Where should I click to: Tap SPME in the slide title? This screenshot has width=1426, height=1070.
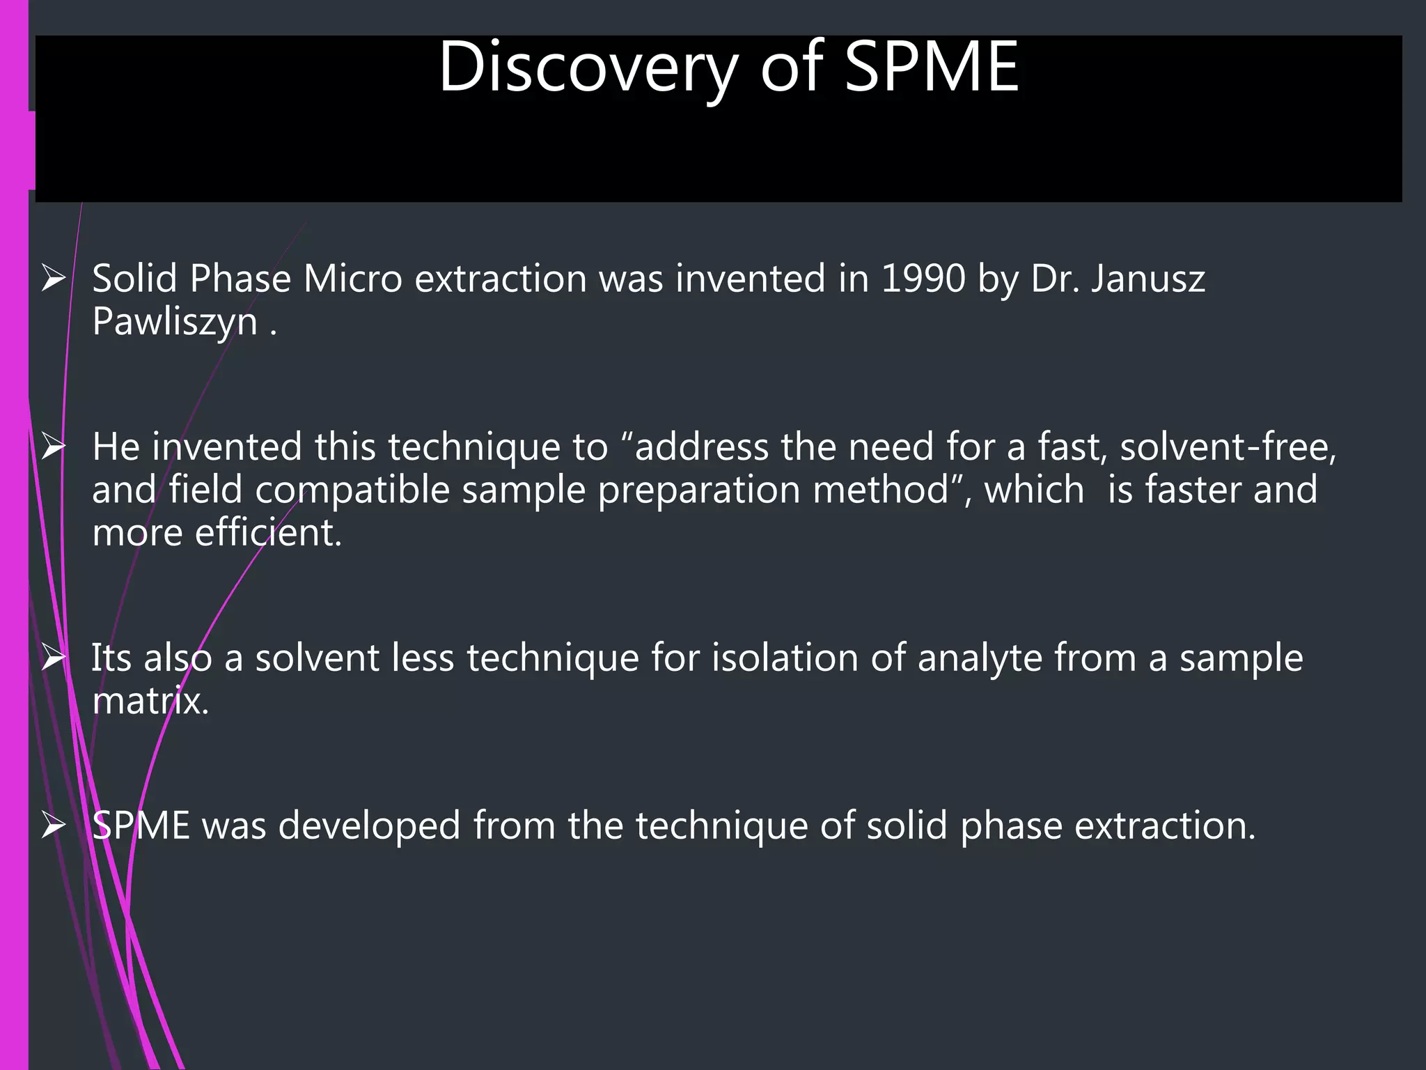pyautogui.click(x=932, y=68)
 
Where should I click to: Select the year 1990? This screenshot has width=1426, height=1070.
pyautogui.click(x=923, y=279)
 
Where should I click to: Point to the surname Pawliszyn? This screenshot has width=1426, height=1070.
pyautogui.click(x=175, y=323)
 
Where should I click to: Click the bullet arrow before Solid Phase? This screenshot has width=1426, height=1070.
pyautogui.click(x=54, y=279)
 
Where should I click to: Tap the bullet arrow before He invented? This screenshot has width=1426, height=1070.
pyautogui.click(x=54, y=447)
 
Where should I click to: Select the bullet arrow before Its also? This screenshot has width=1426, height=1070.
pyautogui.click(x=54, y=658)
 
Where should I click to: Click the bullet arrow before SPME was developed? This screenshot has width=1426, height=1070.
pyautogui.click(x=54, y=825)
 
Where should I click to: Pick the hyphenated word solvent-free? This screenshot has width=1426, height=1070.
pyautogui.click(x=1228, y=447)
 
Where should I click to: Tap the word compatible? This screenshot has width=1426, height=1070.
pyautogui.click(x=352, y=490)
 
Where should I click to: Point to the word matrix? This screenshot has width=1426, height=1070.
pyautogui.click(x=150, y=701)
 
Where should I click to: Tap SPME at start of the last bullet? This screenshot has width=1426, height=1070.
pyautogui.click(x=141, y=826)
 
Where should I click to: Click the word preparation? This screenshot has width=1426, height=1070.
pyautogui.click(x=699, y=490)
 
